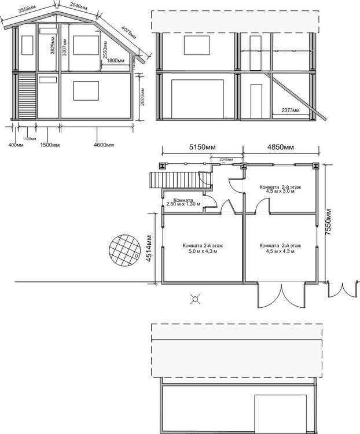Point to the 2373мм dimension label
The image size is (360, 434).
point(291,110)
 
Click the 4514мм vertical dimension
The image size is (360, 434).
point(149,248)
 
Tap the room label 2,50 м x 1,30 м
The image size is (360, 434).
point(183,203)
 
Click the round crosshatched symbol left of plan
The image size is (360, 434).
point(124,249)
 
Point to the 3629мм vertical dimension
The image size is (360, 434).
point(52,46)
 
